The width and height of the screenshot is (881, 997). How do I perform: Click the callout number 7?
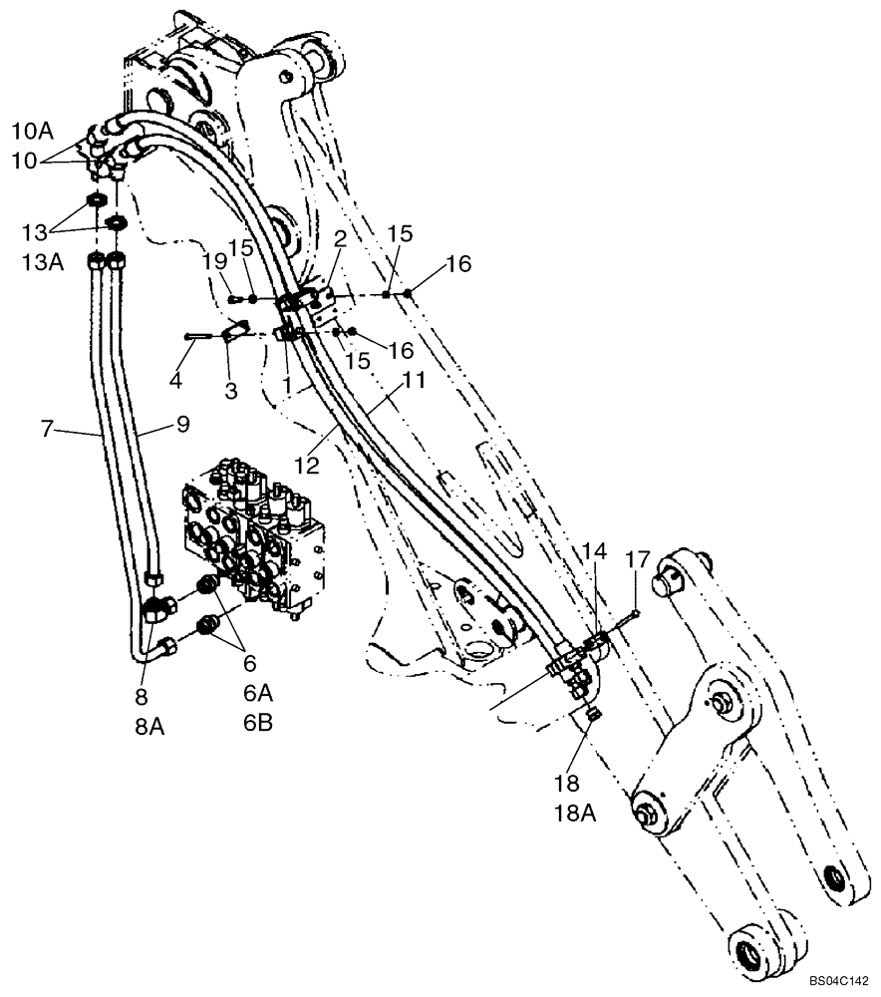tap(46, 430)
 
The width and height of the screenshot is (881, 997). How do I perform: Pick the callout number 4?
tap(176, 380)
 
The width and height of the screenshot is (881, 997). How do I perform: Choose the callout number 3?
tap(231, 391)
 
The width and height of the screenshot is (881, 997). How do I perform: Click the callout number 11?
tap(413, 381)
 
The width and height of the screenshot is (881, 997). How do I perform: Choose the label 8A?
tap(148, 727)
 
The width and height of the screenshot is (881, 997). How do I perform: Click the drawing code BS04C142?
tap(839, 982)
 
